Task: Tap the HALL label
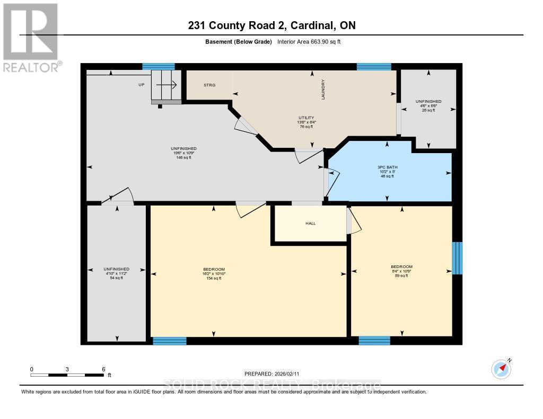click(311, 224)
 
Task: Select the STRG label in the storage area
click(209, 85)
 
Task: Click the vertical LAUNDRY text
click(322, 90)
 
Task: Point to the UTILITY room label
click(306, 118)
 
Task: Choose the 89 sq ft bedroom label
click(401, 267)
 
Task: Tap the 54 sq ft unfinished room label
click(117, 269)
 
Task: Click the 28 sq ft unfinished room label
click(428, 101)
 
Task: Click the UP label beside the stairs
click(141, 85)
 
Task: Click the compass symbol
click(501, 369)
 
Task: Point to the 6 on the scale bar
click(103, 369)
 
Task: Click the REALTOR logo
click(30, 37)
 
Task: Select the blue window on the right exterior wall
click(457, 258)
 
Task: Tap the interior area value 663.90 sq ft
click(313, 41)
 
